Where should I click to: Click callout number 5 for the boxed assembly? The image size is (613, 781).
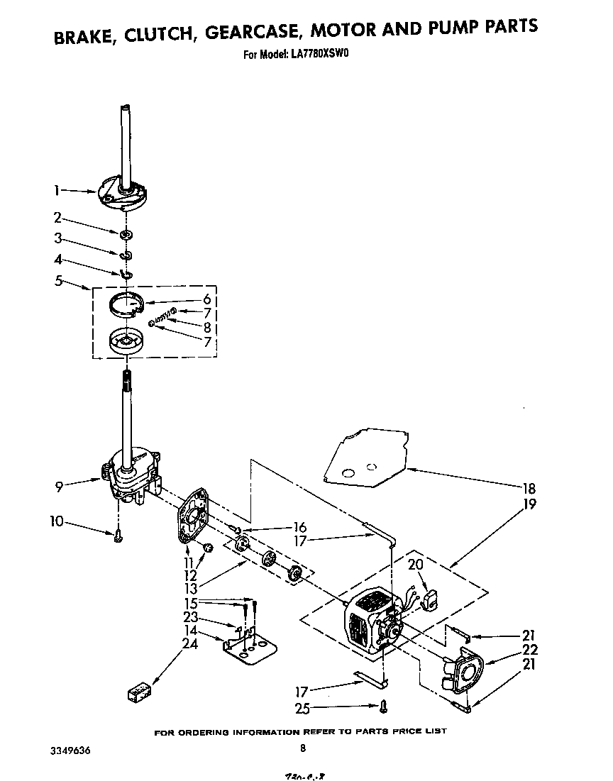coord(58,280)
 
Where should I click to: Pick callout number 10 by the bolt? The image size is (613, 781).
coord(57,522)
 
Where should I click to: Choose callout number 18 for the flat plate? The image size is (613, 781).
coord(529,488)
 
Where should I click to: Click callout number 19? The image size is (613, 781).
coord(529,504)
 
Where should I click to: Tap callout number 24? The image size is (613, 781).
coord(189,643)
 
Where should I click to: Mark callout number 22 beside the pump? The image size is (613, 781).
coord(529,650)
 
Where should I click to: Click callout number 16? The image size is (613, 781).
coord(299,527)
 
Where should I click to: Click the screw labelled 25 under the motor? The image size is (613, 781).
coord(383,706)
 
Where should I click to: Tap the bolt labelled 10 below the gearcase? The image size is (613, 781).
coord(118,537)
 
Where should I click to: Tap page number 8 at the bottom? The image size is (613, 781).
coord(303,747)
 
